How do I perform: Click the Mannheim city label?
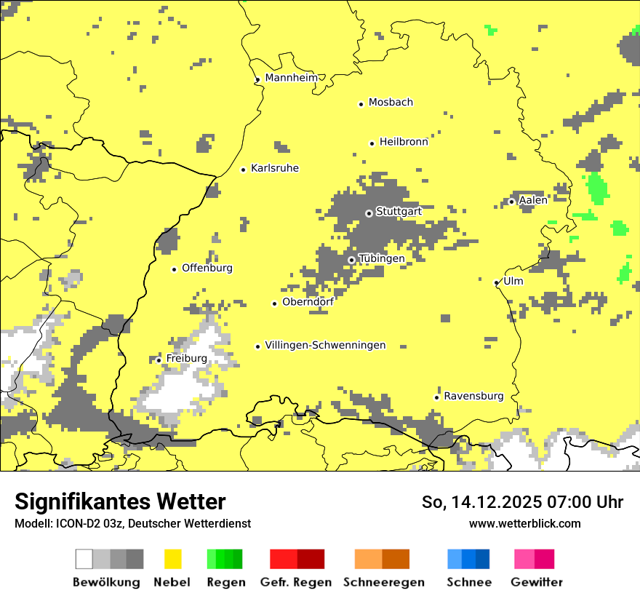coord(292,78)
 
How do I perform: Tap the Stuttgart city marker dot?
coord(369,213)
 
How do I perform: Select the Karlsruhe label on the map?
coord(275,168)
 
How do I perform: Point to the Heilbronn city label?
coord(404,142)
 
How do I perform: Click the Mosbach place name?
coord(391,103)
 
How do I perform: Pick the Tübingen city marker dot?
coord(351,260)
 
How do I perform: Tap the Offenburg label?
coord(207,268)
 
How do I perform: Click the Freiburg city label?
coord(186,359)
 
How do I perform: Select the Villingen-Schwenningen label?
coord(325,345)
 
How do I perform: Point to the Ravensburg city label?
coord(473,396)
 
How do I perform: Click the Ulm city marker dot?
coord(496,282)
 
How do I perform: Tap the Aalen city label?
coord(533,200)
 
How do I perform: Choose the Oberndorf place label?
coord(308,302)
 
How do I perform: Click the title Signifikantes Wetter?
coord(120,502)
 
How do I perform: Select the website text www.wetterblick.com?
coord(524,523)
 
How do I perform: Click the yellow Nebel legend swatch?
coord(173,559)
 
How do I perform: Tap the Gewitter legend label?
coord(537,582)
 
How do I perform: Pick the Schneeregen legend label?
coord(384,582)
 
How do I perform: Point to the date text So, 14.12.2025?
coord(480,502)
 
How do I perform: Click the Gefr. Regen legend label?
coord(296,582)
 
